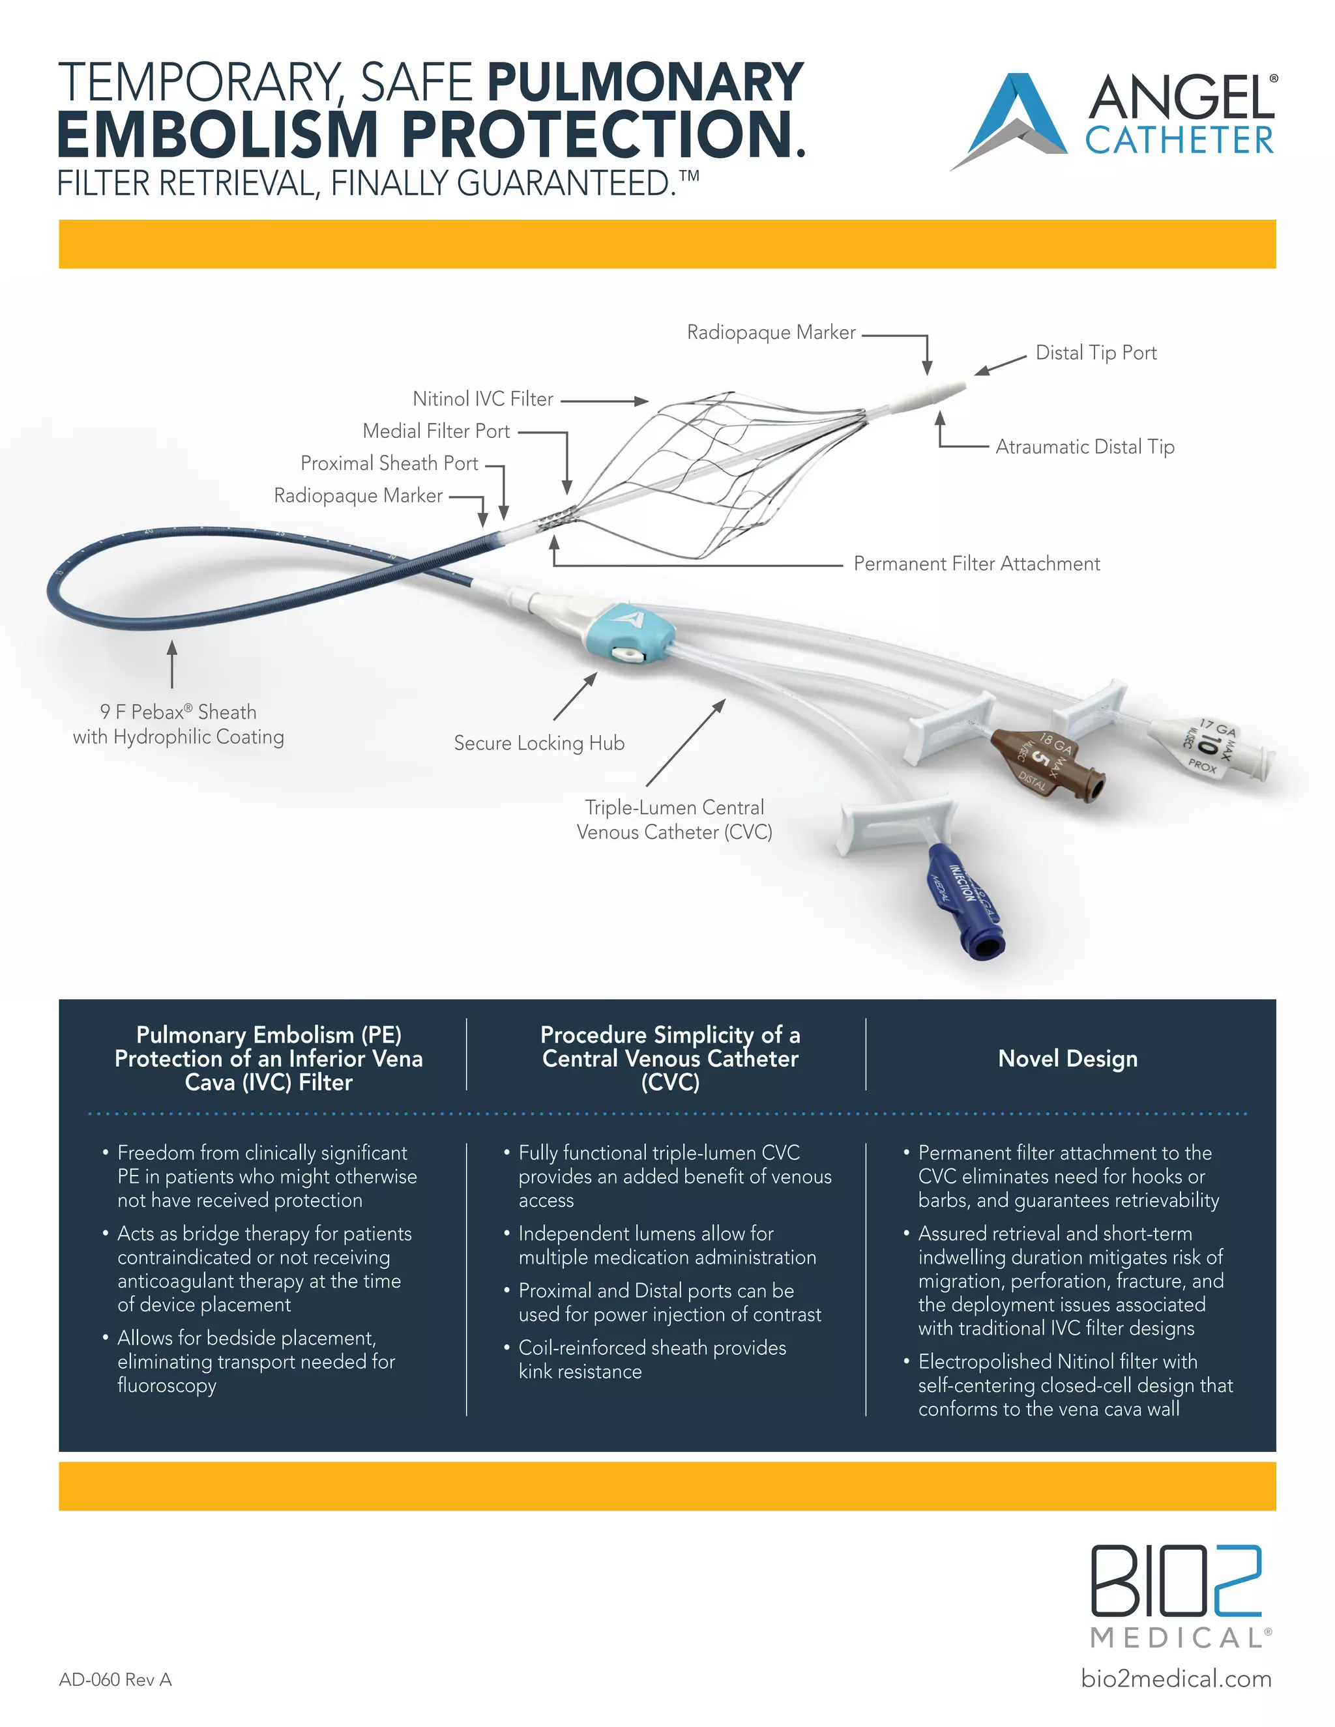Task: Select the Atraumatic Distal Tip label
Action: coord(1084,447)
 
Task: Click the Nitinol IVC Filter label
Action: coord(482,399)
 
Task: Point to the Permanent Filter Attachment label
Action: coord(976,564)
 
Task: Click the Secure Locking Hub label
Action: coord(538,744)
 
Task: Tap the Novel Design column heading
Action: coord(1068,1059)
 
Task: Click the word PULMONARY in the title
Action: coord(645,83)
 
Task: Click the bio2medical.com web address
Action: coord(1176,1678)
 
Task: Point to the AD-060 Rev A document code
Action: coord(115,1679)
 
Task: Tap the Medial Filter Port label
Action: coord(436,431)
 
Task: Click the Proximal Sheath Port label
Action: coord(389,463)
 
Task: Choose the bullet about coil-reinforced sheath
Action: coord(652,1359)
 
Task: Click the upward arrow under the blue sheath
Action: coord(171,664)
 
